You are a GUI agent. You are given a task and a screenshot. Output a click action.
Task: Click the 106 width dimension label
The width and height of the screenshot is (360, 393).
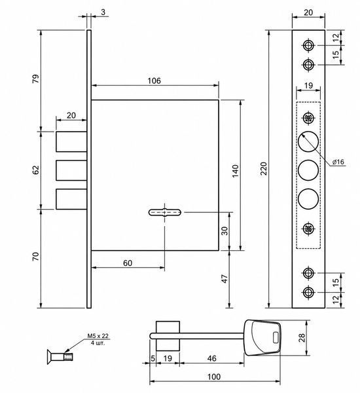[x=154, y=81]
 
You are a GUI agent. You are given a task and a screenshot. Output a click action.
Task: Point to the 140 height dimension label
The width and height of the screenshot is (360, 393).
[x=236, y=171]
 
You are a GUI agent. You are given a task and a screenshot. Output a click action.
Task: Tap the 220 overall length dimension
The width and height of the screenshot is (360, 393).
[x=264, y=169]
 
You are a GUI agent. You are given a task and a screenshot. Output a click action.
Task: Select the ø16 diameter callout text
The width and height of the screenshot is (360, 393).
[x=338, y=162]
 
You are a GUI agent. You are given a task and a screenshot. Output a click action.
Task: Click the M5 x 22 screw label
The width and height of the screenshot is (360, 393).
[x=98, y=336]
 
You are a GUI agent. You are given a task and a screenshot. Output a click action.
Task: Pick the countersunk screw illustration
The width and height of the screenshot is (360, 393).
[x=60, y=356]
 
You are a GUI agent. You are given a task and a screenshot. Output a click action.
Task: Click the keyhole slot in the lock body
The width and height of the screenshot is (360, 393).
[x=165, y=212]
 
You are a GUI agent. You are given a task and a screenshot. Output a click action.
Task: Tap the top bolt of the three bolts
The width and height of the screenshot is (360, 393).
[x=71, y=141]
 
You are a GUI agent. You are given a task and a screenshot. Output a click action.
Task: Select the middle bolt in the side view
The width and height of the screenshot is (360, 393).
[x=71, y=170]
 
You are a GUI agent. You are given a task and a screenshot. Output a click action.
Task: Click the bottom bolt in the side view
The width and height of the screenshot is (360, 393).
[x=71, y=199]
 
